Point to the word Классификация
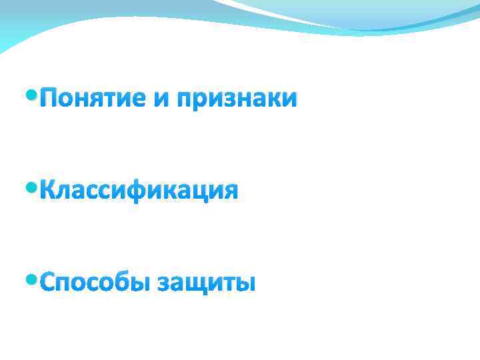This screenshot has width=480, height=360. pyautogui.click(x=138, y=192)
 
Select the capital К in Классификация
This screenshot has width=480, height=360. pyautogui.click(x=48, y=191)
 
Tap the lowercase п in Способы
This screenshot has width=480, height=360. pyautogui.click(x=67, y=285)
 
